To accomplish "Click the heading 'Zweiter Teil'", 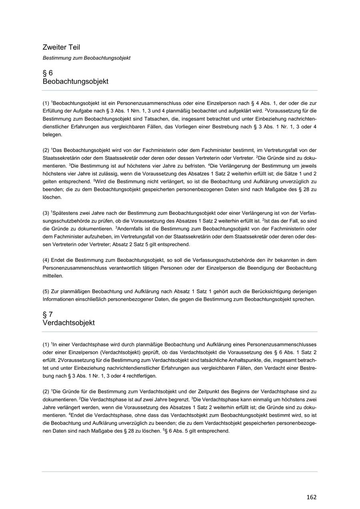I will coord(61,47).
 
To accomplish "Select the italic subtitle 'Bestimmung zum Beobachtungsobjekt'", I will coord(86,58).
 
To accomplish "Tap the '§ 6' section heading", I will coord(48,73).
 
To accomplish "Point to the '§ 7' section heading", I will coord(48,314).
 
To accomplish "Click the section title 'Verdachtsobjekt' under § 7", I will coord(68,323).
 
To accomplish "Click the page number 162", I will coord(311,497).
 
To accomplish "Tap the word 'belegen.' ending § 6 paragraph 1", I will coord(52,135).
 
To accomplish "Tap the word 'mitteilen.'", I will coord(53,276).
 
